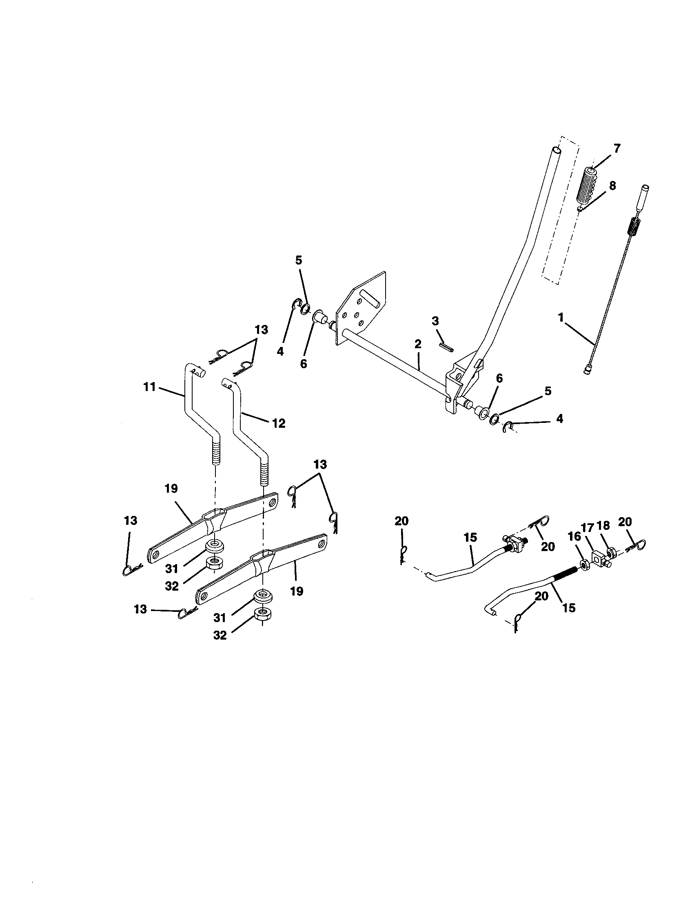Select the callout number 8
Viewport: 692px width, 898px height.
[x=612, y=186]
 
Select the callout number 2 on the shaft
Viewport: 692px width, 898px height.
[x=418, y=345]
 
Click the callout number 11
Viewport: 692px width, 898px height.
[x=149, y=387]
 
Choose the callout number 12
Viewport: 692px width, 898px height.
[x=279, y=423]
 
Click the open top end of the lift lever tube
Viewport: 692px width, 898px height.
[x=556, y=151]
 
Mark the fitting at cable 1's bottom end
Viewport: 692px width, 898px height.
[x=587, y=371]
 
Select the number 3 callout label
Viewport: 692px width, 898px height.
[x=435, y=321]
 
